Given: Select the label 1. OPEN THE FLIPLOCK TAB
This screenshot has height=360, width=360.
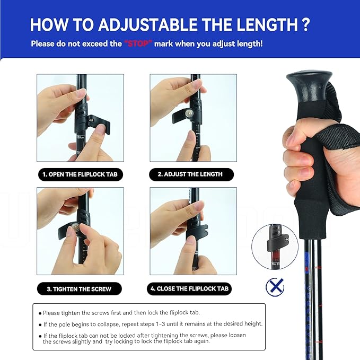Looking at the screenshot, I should coord(80,174).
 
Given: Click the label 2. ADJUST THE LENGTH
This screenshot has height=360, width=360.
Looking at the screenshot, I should coord(190,174).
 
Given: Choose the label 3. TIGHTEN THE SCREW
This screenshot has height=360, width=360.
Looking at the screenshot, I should coord(79,289).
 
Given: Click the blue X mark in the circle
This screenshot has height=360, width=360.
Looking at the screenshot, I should coord(275,287).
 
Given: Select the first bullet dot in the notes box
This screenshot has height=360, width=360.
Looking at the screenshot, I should coord(40,313).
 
